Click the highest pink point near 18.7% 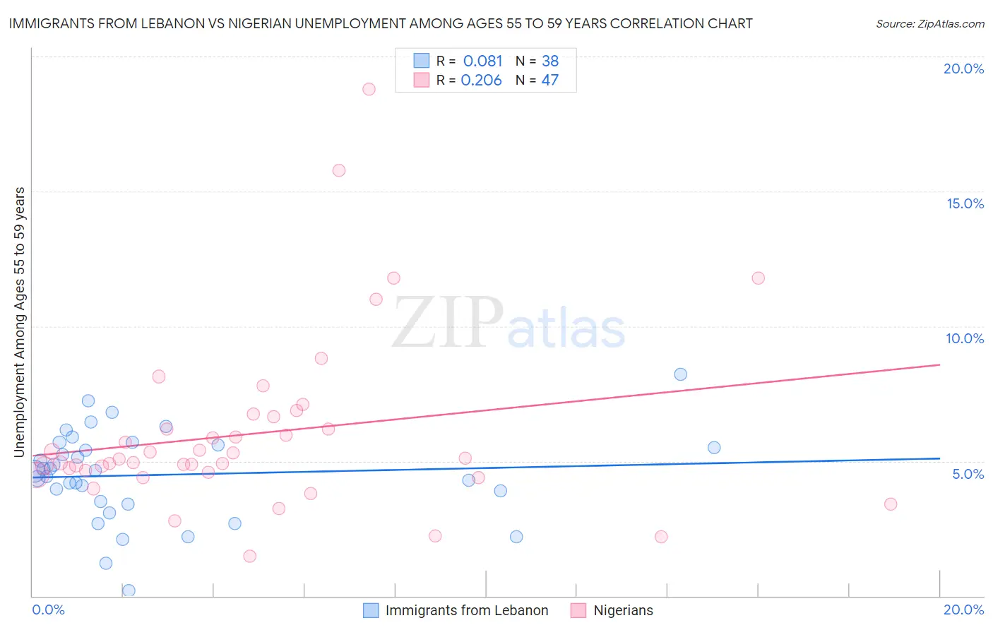(369, 89)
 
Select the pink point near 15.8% (339, 170)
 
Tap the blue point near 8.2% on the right (680, 374)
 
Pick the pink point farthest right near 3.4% (891, 504)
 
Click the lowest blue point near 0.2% (129, 590)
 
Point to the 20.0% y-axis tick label (963, 69)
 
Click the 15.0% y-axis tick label (965, 203)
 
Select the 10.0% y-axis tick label (965, 338)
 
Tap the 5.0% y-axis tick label (968, 474)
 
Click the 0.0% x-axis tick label (48, 610)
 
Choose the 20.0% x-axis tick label (963, 610)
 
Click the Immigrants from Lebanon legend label (467, 610)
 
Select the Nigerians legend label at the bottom (623, 610)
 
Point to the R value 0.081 (483, 61)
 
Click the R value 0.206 (481, 81)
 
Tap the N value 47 (549, 81)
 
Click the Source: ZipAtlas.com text (930, 23)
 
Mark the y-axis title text (20, 322)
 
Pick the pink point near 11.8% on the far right (758, 278)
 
